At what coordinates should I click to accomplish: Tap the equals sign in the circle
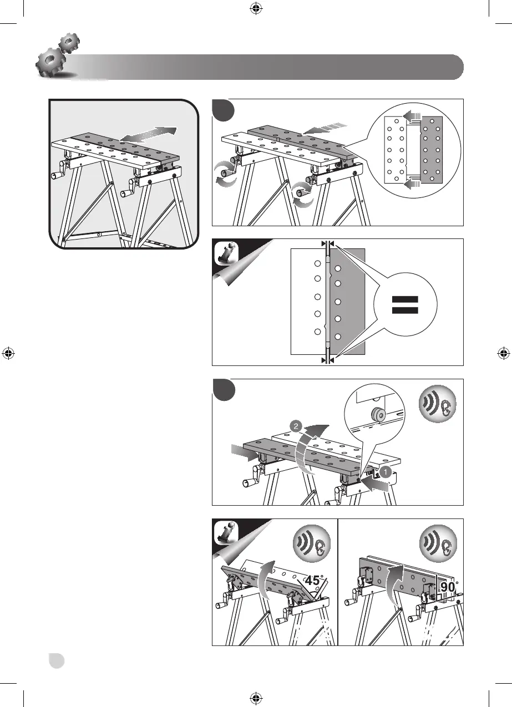coord(405,304)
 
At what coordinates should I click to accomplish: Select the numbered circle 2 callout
coord(296,426)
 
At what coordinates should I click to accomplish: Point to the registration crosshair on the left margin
coord(8,353)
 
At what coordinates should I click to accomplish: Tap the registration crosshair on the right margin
coord(503,353)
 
